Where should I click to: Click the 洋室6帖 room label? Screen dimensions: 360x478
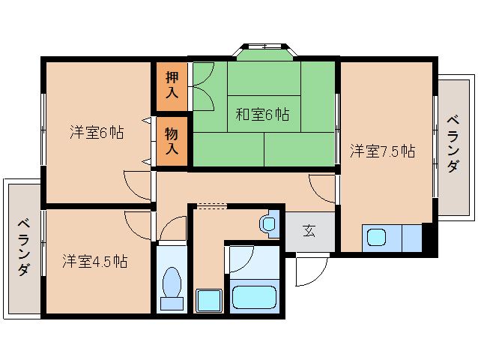(97, 132)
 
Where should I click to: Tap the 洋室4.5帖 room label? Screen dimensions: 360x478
(94, 262)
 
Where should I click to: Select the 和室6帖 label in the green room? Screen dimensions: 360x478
(262, 115)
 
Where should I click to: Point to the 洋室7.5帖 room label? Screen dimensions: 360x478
(382, 151)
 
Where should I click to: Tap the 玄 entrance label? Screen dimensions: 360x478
(309, 230)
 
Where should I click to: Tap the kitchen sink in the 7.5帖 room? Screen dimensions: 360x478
(376, 238)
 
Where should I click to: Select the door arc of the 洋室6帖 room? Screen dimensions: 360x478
(137, 184)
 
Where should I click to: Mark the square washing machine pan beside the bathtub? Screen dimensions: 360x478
(208, 299)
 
